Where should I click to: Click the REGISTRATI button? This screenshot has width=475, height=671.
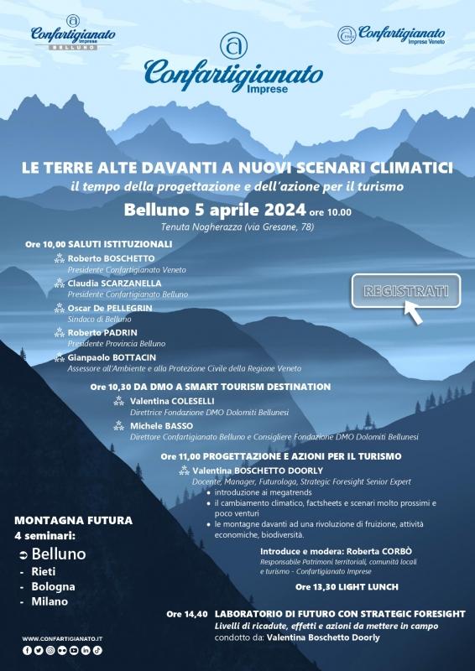pos(406,292)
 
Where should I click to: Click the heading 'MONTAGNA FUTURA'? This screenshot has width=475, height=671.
pos(73,520)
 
